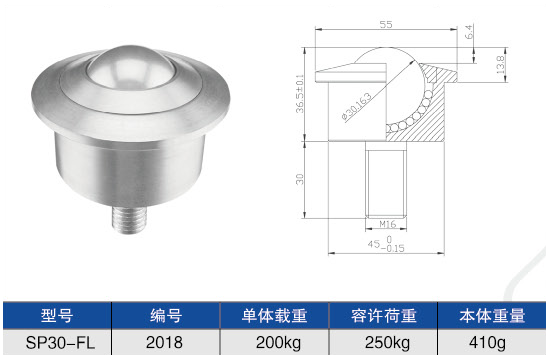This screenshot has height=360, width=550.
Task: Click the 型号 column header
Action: tap(56, 316)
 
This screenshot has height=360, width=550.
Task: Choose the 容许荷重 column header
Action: tap(383, 316)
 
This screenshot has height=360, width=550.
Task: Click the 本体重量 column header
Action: tap(493, 316)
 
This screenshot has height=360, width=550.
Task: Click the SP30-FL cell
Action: tap(56, 343)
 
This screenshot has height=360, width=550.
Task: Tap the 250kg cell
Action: tap(383, 343)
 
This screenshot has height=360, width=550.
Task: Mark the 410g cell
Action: tap(493, 343)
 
